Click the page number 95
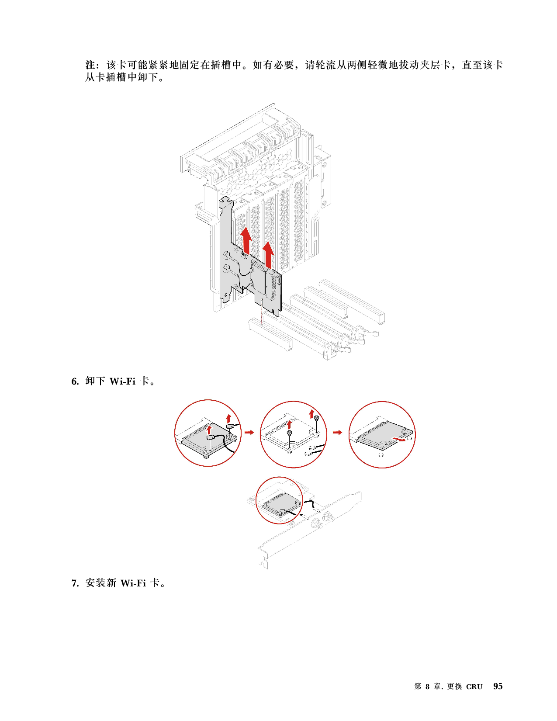pyautogui.click(x=498, y=686)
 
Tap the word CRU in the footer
pyautogui.click(x=474, y=687)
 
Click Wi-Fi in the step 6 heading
pyautogui.click(x=122, y=381)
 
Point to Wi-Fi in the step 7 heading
pyautogui.click(x=133, y=583)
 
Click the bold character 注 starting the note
pyautogui.click(x=90, y=65)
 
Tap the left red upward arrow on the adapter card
pyautogui.click(x=246, y=241)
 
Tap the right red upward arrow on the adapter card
pyautogui.click(x=268, y=255)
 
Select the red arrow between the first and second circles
pyautogui.click(x=249, y=432)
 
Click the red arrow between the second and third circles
pyautogui.click(x=337, y=432)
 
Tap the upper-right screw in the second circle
pyautogui.click(x=317, y=418)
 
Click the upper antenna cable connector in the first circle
pyautogui.click(x=229, y=426)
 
